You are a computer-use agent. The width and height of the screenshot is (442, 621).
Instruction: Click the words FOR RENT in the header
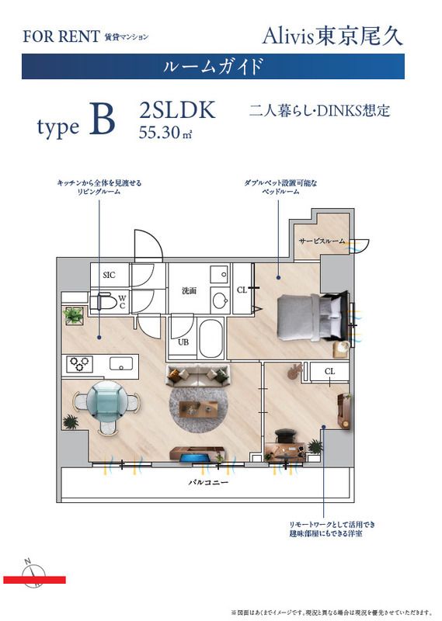pyautogui.click(x=61, y=36)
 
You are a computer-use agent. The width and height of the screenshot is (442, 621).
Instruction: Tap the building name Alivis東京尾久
pyautogui.click(x=333, y=34)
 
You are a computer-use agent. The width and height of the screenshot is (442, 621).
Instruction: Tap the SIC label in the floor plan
pyautogui.click(x=109, y=275)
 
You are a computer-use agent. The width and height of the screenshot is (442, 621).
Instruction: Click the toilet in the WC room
pyautogui.click(x=103, y=301)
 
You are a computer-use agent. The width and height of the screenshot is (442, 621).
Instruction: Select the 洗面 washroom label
pyautogui.click(x=189, y=291)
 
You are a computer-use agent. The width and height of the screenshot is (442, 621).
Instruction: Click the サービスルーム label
pyautogui.click(x=322, y=242)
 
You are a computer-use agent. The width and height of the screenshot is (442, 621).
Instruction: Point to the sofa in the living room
pyautogui.click(x=198, y=376)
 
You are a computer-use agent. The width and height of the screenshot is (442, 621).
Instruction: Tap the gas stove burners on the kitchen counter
pyautogui.click(x=80, y=363)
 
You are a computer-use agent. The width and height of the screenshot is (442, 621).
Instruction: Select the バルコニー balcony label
pyautogui.click(x=207, y=482)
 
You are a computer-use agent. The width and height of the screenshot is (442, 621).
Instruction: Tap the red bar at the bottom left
pyautogui.click(x=34, y=580)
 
